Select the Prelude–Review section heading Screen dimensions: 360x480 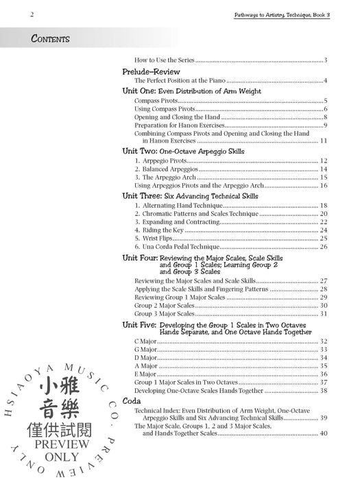(151, 71)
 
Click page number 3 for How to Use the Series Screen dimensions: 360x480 (327, 61)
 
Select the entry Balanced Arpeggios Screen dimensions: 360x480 (160, 169)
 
